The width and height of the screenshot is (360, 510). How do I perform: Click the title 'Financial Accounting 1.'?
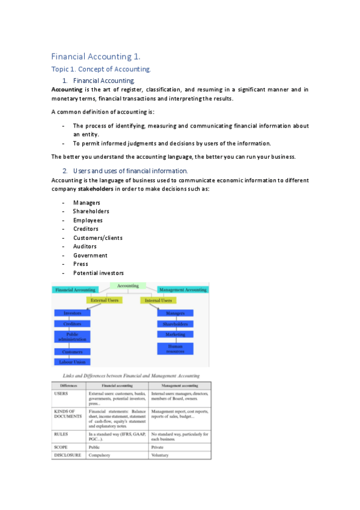(96, 57)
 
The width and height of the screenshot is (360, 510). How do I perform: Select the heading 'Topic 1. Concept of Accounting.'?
(101, 70)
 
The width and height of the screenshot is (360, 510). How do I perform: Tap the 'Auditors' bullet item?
(85, 247)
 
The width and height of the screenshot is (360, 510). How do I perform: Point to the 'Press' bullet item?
(81, 264)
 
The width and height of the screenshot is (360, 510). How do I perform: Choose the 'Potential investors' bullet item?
(98, 273)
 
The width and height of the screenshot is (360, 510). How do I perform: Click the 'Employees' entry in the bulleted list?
(87, 220)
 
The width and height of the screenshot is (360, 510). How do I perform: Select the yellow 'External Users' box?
(104, 300)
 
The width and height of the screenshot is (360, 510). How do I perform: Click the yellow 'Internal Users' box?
(159, 300)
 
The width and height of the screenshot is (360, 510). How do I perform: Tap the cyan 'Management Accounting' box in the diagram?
(182, 289)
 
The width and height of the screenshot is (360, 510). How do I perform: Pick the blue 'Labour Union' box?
(72, 362)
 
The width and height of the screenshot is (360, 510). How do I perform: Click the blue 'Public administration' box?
(72, 337)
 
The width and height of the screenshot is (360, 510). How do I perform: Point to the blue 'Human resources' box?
(175, 348)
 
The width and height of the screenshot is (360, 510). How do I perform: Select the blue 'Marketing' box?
(175, 334)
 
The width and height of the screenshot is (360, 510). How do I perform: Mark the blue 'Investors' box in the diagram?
(72, 313)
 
